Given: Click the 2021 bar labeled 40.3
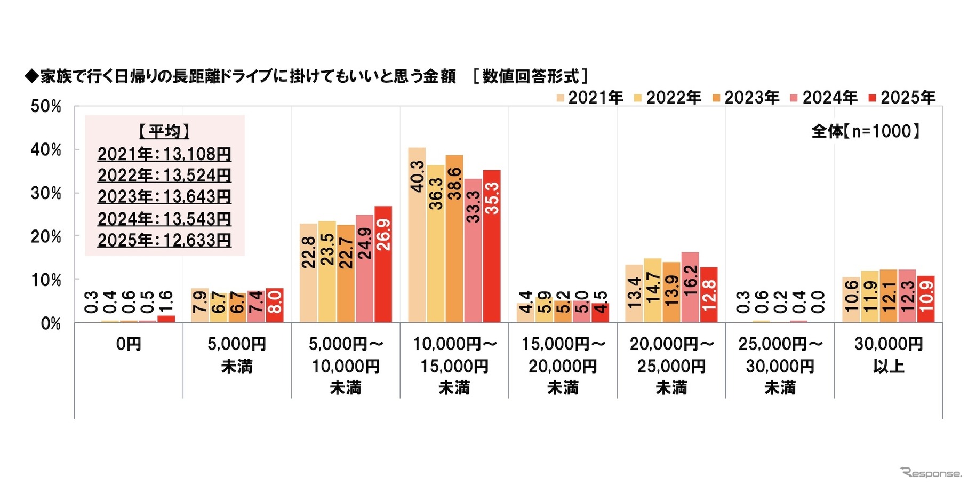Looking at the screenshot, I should (x=417, y=235).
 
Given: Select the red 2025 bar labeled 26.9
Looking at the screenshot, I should (x=383, y=264).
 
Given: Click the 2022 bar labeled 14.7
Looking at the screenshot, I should (x=653, y=290).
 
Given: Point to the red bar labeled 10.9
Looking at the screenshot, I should (x=926, y=299).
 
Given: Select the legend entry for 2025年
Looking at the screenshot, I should (x=902, y=98).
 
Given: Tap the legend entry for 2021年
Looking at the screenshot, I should (x=589, y=98).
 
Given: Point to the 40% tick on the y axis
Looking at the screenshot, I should (x=46, y=150).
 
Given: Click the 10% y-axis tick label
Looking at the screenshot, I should (x=46, y=280).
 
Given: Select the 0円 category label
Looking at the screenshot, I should (x=129, y=344).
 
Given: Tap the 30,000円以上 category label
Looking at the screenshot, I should (x=889, y=355).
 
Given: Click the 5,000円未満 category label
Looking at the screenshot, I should (x=237, y=355).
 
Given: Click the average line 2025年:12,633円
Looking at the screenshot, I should (x=164, y=240).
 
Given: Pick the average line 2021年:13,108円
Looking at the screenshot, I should (x=164, y=154).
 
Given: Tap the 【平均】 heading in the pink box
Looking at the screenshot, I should (x=164, y=131).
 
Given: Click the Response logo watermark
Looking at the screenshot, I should (x=930, y=473).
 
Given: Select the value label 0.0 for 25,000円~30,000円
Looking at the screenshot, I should (x=818, y=302).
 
